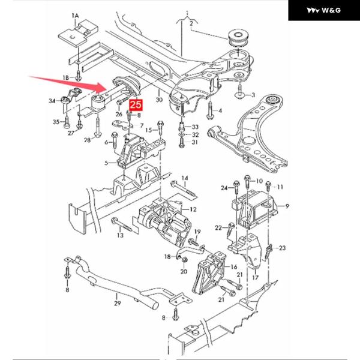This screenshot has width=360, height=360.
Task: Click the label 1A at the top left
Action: click(x=75, y=14)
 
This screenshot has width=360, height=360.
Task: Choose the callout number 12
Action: click(x=193, y=209)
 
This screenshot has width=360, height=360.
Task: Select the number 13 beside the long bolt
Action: click(x=120, y=236)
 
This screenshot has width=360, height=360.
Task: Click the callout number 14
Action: click(x=185, y=178)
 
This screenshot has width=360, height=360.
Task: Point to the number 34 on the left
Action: click(x=53, y=100)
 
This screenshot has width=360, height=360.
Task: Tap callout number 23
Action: click(x=283, y=247)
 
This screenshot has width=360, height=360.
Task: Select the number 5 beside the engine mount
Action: click(x=107, y=163)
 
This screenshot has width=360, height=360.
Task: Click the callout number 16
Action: click(x=235, y=266)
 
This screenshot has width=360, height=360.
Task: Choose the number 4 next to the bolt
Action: click(x=219, y=110)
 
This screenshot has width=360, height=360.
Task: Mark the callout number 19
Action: click(x=197, y=232)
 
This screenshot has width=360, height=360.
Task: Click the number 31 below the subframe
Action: click(x=194, y=143)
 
